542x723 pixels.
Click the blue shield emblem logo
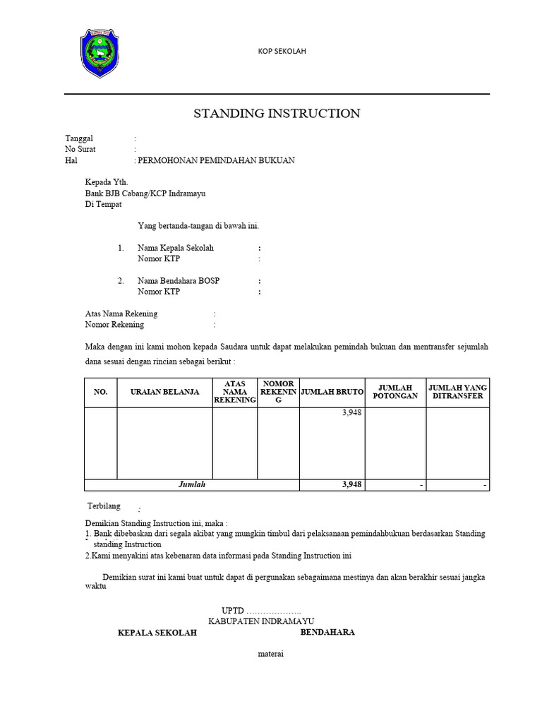(101, 54)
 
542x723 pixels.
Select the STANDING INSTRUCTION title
(277, 113)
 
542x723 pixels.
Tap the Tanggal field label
(79, 138)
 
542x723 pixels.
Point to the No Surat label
(80, 150)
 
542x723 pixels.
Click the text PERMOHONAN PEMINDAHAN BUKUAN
(216, 161)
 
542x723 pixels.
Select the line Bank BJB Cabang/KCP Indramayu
(145, 193)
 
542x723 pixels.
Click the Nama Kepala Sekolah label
(176, 248)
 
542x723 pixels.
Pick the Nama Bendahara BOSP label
(179, 281)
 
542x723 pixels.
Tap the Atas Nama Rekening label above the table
(121, 313)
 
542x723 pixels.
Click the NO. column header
(100, 392)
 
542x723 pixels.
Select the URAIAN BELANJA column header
(164, 392)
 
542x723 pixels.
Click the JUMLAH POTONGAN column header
(395, 392)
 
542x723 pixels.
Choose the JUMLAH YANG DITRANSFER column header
(457, 392)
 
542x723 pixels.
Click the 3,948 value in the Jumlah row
(351, 485)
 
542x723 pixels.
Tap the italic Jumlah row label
(191, 485)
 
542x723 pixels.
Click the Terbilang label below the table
(103, 506)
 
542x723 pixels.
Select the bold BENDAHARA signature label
(327, 632)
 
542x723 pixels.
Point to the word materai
(271, 654)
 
